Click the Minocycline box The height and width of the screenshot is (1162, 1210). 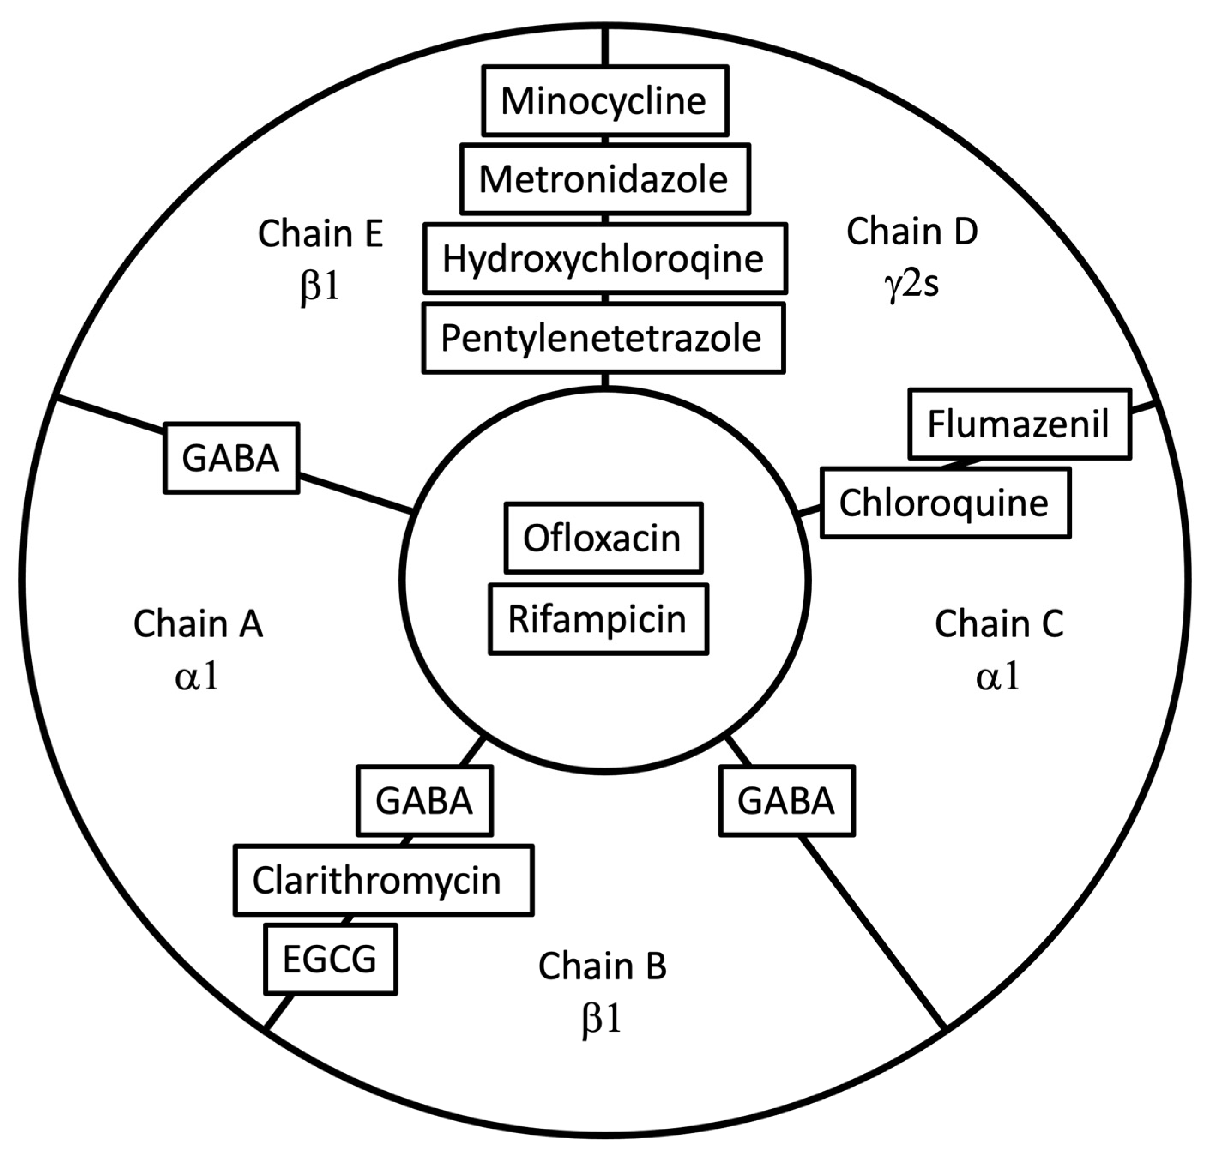(x=604, y=101)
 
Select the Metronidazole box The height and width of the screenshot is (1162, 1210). (x=604, y=179)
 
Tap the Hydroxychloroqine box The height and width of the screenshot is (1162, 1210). (x=604, y=258)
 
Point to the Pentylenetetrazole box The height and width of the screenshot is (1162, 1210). (x=603, y=337)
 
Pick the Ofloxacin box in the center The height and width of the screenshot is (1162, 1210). (x=603, y=538)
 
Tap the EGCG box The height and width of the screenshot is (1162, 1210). (x=330, y=958)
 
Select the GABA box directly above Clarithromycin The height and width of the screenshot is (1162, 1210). (x=424, y=801)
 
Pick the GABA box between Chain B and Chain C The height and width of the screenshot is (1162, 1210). (x=787, y=801)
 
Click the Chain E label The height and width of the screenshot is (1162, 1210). (x=320, y=234)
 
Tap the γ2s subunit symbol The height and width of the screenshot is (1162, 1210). (x=912, y=284)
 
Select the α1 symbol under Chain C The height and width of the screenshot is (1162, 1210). (x=998, y=677)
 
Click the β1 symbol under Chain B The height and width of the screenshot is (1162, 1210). (x=602, y=1019)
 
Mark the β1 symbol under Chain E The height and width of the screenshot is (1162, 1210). (x=320, y=287)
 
